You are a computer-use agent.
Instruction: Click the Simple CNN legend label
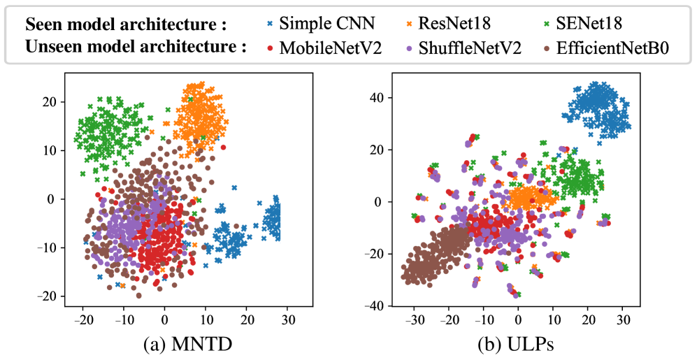326,23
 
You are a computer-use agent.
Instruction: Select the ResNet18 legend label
454,23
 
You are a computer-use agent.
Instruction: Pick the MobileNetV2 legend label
330,48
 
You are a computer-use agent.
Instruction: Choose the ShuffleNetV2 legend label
470,48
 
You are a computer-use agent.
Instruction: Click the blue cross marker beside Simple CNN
270,24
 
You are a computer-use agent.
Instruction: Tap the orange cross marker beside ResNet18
409,24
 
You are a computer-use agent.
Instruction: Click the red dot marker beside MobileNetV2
270,49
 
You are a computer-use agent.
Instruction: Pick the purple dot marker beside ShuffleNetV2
409,49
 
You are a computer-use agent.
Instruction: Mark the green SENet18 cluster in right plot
577,178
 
